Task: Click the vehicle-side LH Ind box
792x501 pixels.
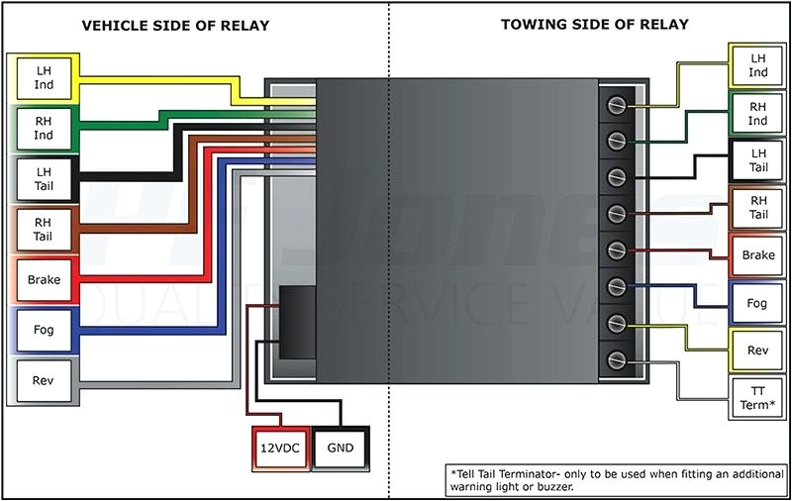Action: tap(43, 78)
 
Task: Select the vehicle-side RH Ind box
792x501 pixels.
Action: tap(43, 129)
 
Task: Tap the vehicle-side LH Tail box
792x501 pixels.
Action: tap(43, 179)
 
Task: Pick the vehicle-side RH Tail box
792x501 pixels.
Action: tap(43, 230)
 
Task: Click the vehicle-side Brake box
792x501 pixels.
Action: tap(43, 280)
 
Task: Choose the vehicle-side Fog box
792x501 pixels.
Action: tap(43, 331)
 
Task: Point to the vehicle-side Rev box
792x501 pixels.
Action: tap(43, 381)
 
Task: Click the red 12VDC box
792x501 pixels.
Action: tap(279, 448)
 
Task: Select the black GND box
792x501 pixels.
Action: tap(340, 448)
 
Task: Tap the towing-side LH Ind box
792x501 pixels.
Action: tap(757, 65)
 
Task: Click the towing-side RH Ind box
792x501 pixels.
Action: tap(757, 114)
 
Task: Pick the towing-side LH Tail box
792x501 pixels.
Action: tap(757, 160)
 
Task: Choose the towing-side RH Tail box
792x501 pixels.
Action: tap(757, 208)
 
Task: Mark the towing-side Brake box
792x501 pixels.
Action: tap(757, 255)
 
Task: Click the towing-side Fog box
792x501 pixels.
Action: tap(757, 304)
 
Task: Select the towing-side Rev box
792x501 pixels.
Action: tap(757, 351)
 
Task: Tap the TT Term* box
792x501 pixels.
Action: tap(757, 398)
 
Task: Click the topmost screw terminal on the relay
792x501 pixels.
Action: tap(617, 104)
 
